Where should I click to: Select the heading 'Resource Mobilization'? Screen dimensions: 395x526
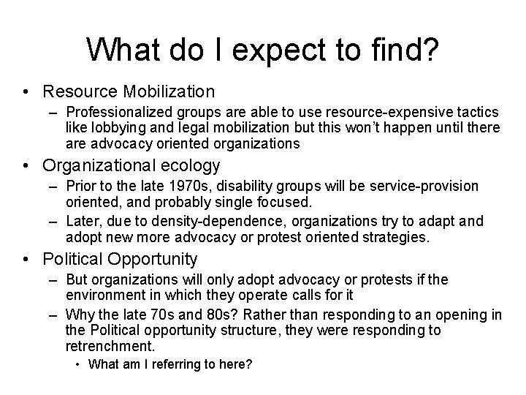tap(129, 91)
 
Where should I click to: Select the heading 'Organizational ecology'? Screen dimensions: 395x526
tap(131, 165)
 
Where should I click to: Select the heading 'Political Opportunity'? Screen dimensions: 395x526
tap(121, 258)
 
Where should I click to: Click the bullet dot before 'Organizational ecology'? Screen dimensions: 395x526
tap(26, 166)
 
